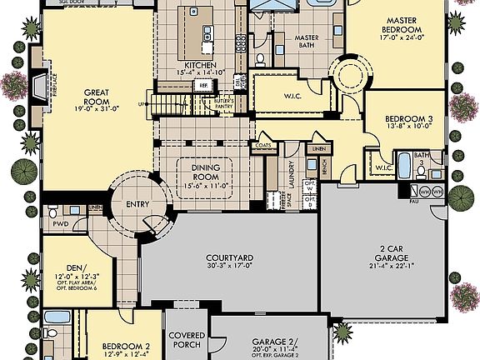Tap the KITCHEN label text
coord(201,65)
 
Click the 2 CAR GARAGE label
coord(385,252)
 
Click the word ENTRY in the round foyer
coord(137,204)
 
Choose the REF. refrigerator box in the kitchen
coord(203,85)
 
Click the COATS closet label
coord(263,145)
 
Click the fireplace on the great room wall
coord(36,83)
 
